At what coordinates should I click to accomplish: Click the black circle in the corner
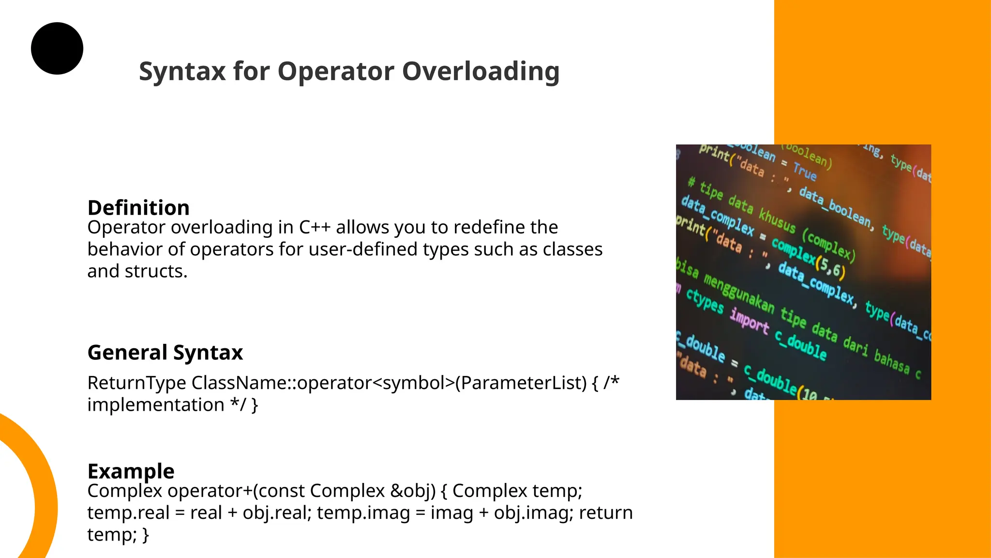(x=57, y=48)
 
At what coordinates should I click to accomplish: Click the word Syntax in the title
(x=182, y=72)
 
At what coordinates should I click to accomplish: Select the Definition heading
(x=138, y=208)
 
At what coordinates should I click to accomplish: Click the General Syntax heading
(x=165, y=352)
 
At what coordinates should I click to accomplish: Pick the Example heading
(x=131, y=471)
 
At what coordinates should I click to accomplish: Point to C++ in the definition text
(x=315, y=227)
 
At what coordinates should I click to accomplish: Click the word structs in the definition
(x=156, y=271)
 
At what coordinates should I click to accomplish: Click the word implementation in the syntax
(x=155, y=405)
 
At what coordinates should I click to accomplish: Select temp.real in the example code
(x=128, y=512)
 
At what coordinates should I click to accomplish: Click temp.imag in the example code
(x=363, y=512)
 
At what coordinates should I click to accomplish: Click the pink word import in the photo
(x=749, y=321)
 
